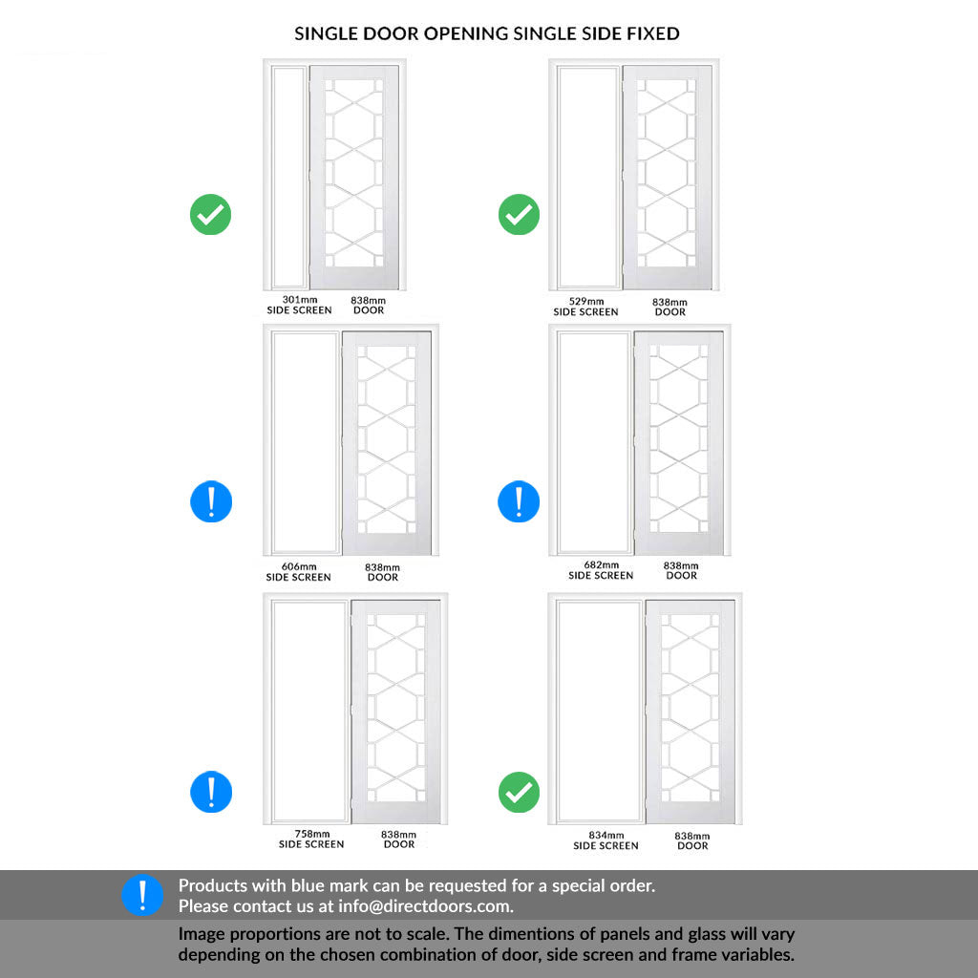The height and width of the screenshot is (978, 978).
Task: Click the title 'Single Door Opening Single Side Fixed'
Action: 487,33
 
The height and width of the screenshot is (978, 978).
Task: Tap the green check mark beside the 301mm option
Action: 210,214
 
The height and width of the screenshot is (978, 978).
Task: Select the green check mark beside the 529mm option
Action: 519,214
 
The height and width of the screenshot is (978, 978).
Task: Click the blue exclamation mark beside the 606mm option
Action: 210,501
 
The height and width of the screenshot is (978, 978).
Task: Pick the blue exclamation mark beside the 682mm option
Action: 519,501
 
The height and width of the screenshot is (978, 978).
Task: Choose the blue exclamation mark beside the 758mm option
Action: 210,792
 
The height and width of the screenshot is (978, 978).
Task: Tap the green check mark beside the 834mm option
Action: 519,792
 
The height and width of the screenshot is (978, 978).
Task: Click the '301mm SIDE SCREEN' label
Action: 299,305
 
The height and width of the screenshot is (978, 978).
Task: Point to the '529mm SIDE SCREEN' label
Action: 585,307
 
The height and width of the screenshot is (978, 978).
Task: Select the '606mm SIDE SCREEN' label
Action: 298,572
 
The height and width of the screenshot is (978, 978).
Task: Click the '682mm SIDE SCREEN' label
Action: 601,570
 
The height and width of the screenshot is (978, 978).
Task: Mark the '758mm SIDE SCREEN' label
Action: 311,840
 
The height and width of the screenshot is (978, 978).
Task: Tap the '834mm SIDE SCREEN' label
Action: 606,840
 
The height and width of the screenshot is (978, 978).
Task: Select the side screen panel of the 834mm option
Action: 599,711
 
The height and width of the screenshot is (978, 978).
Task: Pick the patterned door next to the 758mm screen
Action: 395,711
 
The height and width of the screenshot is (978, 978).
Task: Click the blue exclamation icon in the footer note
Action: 142,895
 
